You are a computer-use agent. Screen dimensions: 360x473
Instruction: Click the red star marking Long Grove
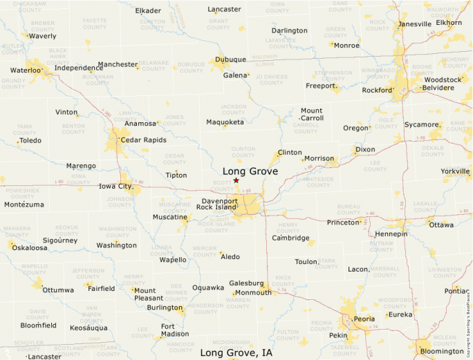click(236, 180)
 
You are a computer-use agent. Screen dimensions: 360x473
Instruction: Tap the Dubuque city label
click(230, 59)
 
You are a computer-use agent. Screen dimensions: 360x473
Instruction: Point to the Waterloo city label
click(26, 70)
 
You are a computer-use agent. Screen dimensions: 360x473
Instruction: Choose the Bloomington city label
click(442, 351)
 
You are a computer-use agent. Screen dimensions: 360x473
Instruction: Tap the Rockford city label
click(377, 90)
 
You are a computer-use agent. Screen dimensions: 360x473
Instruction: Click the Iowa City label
click(115, 186)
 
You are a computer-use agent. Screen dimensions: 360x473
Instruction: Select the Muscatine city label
click(169, 216)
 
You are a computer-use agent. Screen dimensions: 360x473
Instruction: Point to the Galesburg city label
click(247, 283)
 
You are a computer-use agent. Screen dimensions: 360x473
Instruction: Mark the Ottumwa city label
click(58, 290)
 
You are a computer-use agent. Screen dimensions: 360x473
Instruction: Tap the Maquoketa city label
click(225, 122)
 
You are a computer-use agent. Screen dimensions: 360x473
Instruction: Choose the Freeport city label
click(321, 86)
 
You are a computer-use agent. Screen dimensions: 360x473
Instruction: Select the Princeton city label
click(343, 222)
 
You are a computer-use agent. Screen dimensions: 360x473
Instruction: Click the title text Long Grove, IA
click(236, 353)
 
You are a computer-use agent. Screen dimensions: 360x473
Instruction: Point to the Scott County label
click(223, 185)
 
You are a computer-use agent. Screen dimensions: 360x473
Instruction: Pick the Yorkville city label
click(455, 171)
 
